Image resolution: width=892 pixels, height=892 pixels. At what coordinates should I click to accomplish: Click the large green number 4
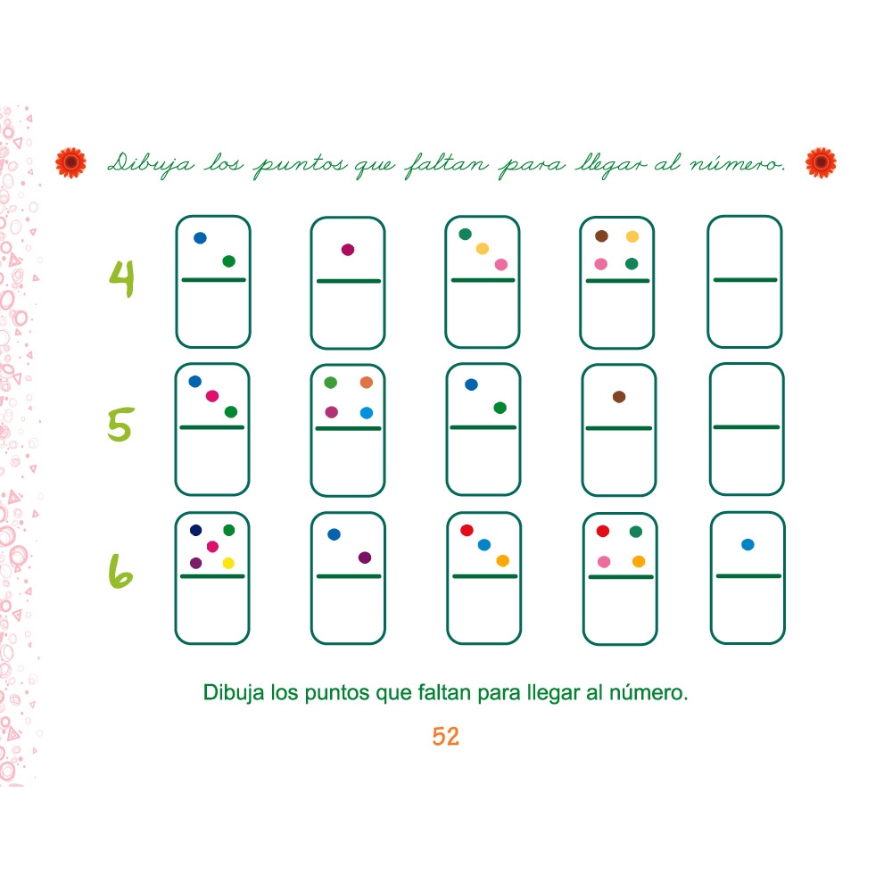[x=122, y=277]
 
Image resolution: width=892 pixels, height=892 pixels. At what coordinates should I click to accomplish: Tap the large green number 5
[x=120, y=426]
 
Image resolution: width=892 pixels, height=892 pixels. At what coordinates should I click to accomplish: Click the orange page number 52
[x=445, y=737]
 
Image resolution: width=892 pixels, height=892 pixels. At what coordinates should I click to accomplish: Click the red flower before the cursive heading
[x=70, y=162]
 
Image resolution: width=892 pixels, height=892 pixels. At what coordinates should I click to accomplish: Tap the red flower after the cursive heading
[x=821, y=162]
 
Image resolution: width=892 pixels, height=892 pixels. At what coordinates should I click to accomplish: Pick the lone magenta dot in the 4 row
[x=348, y=250]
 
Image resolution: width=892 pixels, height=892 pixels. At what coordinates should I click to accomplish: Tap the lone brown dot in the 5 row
[x=619, y=396]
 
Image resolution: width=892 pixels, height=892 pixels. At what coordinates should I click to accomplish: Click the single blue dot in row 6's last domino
[x=747, y=544]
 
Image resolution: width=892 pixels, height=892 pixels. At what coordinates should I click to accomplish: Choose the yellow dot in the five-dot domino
[x=228, y=563]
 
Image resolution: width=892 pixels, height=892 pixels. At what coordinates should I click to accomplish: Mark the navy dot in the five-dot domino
[x=196, y=530]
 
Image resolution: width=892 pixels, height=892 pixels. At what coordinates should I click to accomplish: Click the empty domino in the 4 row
[x=745, y=281]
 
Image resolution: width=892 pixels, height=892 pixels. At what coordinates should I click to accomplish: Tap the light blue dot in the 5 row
[x=367, y=412]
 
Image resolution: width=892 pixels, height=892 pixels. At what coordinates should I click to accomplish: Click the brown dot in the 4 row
[x=601, y=236]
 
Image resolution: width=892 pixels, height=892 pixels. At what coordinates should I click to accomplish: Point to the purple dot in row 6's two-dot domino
[x=364, y=557]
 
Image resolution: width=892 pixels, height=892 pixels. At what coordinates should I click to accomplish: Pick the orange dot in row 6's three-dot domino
[x=503, y=561]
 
